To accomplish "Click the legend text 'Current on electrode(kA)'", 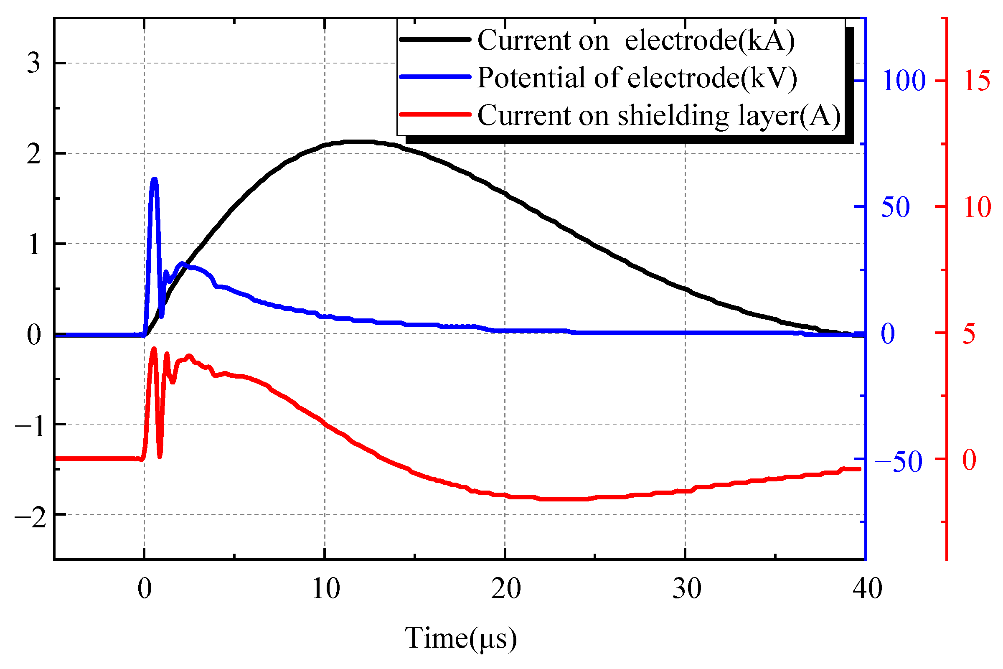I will point(636,41).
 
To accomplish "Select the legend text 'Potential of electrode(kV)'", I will point(637,78).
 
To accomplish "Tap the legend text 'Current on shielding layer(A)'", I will point(659,116).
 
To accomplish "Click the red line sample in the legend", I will point(435,114).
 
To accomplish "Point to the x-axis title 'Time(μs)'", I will point(460,638).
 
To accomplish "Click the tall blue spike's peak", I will point(155,179).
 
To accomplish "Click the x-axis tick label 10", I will point(326,589).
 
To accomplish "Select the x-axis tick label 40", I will point(867,589).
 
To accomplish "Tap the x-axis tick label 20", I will point(506,589).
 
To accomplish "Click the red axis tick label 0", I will point(969,460).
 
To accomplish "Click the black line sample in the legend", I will point(435,39).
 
